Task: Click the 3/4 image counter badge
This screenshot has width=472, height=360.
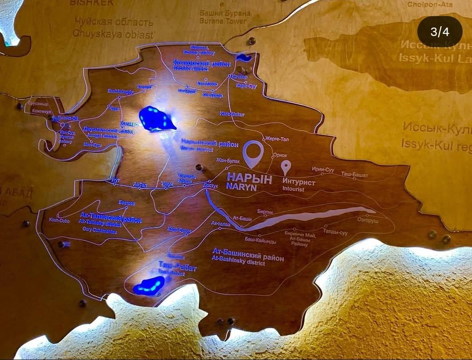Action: click(x=440, y=32)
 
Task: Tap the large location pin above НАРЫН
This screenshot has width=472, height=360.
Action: click(x=253, y=153)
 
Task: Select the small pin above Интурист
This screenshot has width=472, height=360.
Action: click(x=286, y=168)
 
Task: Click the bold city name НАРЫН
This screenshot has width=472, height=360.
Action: click(x=243, y=177)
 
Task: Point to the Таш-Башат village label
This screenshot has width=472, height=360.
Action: click(x=354, y=175)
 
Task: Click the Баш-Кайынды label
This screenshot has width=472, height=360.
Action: click(x=260, y=241)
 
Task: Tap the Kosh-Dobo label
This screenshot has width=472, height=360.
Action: click(x=60, y=220)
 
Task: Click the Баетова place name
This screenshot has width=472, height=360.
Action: click(x=127, y=203)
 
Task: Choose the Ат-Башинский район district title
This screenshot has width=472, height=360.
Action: click(x=248, y=257)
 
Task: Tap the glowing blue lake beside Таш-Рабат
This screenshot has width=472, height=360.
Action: click(x=149, y=285)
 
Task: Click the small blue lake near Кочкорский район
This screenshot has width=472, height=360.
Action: click(x=244, y=58)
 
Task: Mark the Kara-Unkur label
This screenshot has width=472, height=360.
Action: click(x=232, y=114)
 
